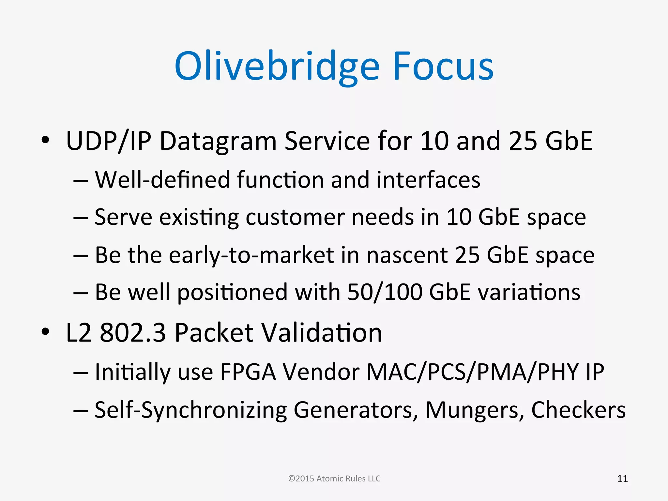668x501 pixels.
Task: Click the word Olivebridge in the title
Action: (x=277, y=67)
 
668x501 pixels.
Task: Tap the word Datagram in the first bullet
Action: (x=218, y=141)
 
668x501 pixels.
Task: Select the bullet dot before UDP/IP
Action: (x=45, y=140)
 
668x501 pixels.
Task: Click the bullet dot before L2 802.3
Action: (x=45, y=332)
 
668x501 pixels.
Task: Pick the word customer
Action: (x=295, y=217)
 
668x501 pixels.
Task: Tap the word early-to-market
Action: (x=251, y=255)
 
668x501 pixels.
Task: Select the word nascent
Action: (x=407, y=255)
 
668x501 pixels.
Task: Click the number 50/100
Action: (x=385, y=292)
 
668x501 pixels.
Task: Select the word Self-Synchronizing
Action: (x=190, y=410)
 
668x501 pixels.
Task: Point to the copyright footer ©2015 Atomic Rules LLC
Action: (x=334, y=478)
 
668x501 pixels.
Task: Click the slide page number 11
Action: (x=622, y=479)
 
